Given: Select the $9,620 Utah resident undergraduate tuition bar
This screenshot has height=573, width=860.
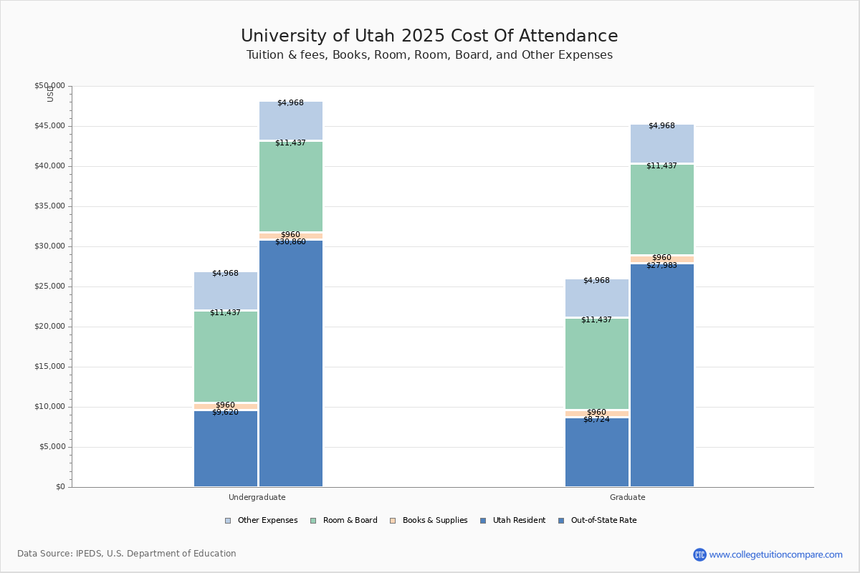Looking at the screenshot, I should (226, 448).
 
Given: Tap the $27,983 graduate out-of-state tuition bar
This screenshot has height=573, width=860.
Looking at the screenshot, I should (662, 375).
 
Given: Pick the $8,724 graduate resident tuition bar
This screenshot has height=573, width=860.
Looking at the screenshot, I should (597, 452).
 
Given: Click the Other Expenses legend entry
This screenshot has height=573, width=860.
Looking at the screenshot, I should (262, 521).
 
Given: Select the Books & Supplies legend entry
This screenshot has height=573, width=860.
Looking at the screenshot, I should (429, 521).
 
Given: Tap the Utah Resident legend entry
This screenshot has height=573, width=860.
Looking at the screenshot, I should (513, 521).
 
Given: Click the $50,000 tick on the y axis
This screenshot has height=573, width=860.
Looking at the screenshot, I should (49, 86).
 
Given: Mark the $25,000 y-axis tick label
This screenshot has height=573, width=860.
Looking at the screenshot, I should (49, 286).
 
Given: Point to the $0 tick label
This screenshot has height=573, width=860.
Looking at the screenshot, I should (59, 487).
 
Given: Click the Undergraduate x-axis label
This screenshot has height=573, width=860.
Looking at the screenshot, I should (257, 497).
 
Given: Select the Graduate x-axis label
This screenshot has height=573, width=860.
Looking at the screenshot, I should (628, 497).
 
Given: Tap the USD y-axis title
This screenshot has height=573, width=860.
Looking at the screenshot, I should (50, 94).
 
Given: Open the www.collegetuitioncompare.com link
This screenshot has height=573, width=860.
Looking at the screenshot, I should (776, 554).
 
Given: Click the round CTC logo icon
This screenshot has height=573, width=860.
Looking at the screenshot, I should (699, 554).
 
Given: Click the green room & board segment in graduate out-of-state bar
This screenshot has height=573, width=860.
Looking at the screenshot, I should (662, 209).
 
